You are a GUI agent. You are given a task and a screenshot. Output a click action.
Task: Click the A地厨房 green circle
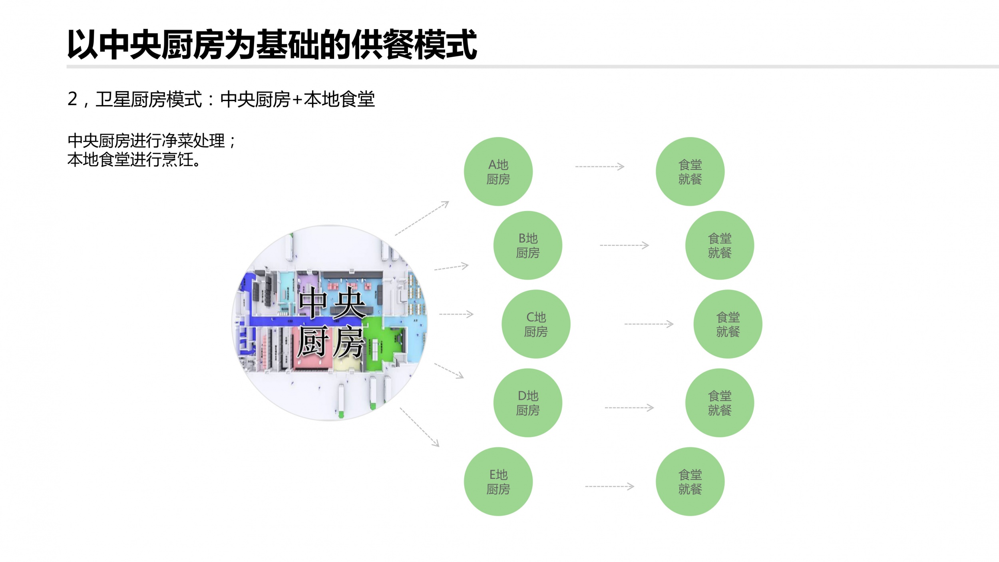point(498,171)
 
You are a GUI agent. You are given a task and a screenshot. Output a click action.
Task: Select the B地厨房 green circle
point(527,245)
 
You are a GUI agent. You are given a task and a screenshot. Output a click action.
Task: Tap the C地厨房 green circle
point(536,324)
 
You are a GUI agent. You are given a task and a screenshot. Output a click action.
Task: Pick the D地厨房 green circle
point(527,403)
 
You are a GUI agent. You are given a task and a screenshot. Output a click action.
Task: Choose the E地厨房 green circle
point(498,481)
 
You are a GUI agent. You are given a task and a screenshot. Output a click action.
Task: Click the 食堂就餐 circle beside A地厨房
point(690,171)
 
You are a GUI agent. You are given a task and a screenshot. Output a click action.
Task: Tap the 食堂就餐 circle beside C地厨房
point(728,324)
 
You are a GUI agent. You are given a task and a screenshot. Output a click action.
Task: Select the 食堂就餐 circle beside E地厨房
point(690,481)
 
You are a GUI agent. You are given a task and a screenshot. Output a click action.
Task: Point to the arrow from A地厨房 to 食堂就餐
point(599,166)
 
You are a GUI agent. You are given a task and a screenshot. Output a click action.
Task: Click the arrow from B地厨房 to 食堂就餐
point(624,245)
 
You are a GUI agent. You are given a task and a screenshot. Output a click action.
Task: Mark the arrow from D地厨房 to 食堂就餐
point(629,407)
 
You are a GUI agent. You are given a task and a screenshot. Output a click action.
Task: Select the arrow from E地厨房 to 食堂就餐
point(609,486)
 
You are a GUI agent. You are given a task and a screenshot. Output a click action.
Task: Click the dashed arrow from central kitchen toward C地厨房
point(456,314)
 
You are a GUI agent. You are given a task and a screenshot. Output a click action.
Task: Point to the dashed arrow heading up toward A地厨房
point(422,218)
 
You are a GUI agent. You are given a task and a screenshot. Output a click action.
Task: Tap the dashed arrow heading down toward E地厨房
point(420,427)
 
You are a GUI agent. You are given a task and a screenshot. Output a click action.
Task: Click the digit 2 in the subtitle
point(72,99)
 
